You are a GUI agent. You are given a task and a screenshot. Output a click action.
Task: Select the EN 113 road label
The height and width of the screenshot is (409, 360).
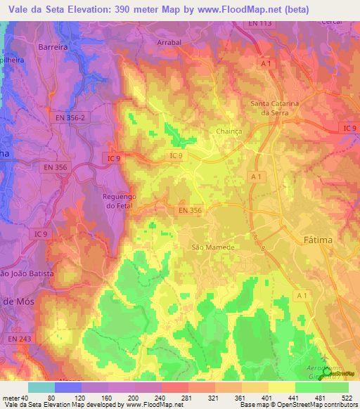click(x=260, y=23)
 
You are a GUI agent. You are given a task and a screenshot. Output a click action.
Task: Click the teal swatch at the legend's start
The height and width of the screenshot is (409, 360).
click(x=41, y=387)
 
